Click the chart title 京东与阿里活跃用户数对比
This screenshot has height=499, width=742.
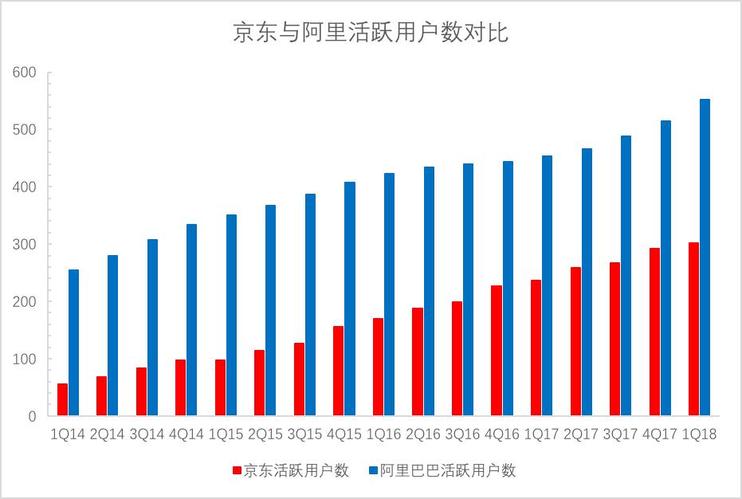point(371,33)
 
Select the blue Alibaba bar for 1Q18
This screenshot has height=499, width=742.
point(705,257)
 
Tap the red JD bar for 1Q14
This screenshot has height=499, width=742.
point(62,399)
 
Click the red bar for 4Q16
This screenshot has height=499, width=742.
point(496,351)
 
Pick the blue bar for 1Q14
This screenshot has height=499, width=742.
point(73,343)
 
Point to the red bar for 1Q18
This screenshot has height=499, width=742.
point(693,329)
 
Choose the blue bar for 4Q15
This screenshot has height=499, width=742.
point(350,299)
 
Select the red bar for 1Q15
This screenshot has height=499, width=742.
point(220,387)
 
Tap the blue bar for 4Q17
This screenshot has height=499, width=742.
point(665,268)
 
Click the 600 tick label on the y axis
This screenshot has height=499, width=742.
point(25,73)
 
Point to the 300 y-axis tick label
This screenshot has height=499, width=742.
point(25,245)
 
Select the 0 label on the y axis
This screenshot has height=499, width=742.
point(33,416)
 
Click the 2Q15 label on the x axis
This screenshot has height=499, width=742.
point(265,434)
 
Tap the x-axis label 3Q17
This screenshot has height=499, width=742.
point(620,434)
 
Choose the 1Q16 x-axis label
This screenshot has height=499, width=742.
point(383,434)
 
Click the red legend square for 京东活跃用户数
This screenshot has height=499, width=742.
point(237,471)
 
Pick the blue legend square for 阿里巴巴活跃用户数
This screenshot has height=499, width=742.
point(371,471)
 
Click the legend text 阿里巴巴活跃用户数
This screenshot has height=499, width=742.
point(447,471)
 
